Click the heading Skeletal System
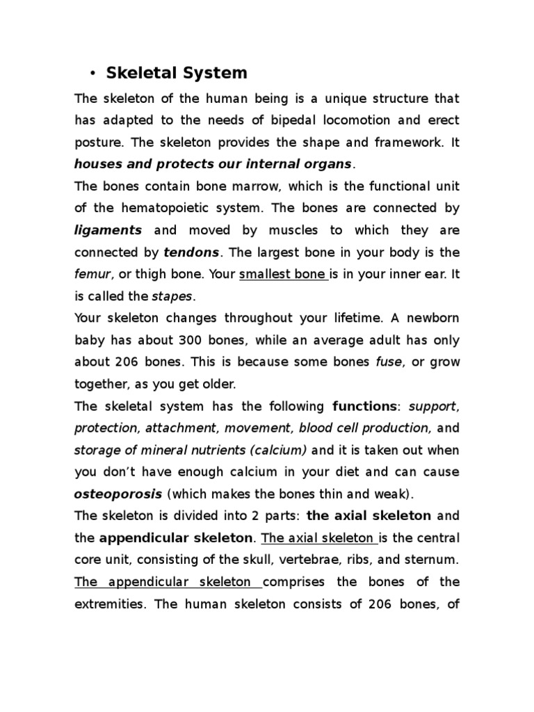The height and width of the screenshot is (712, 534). click(x=176, y=73)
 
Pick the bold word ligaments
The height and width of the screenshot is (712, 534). click(x=108, y=230)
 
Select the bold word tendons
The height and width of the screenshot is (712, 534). click(x=191, y=252)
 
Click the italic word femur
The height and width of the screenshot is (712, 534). click(x=91, y=274)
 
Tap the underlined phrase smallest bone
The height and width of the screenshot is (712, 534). click(x=273, y=274)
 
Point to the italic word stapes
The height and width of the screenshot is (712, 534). click(x=170, y=296)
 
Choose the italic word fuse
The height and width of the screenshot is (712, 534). click(x=387, y=362)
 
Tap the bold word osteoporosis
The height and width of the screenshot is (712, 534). click(x=118, y=494)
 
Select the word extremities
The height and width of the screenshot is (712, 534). click(x=110, y=604)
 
